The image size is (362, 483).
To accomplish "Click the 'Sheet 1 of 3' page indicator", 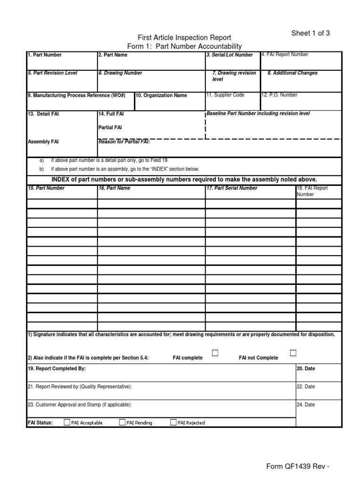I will [x=310, y=33].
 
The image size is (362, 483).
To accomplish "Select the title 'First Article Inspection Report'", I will [x=184, y=38].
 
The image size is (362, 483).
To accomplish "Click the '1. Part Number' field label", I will [x=45, y=55].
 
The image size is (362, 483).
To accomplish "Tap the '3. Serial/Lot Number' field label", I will [x=230, y=55].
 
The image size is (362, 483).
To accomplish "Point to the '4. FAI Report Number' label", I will [x=285, y=55].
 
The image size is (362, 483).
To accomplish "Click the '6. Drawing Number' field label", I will [x=120, y=73].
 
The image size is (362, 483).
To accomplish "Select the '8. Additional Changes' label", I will [x=292, y=73].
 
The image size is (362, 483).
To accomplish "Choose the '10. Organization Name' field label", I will [x=161, y=95].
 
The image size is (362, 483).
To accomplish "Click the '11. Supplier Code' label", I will [x=225, y=95].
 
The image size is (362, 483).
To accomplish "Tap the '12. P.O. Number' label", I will [x=280, y=95].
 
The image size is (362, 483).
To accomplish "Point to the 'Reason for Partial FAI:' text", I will [x=123, y=142].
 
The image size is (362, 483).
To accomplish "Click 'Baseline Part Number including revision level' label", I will [x=258, y=114].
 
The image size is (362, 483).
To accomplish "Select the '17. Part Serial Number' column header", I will [x=232, y=188].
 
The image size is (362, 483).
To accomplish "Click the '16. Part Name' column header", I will [x=114, y=188].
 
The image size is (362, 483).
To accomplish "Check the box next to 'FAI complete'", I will [x=215, y=353].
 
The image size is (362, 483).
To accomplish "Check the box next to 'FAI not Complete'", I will [x=293, y=353].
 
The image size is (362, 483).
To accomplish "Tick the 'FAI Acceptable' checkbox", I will [x=67, y=422].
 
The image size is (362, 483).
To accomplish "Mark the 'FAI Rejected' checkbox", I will [x=173, y=422].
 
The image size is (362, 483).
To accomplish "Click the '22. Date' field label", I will [x=306, y=387].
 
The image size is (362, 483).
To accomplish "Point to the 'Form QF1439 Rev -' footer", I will [x=297, y=467].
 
